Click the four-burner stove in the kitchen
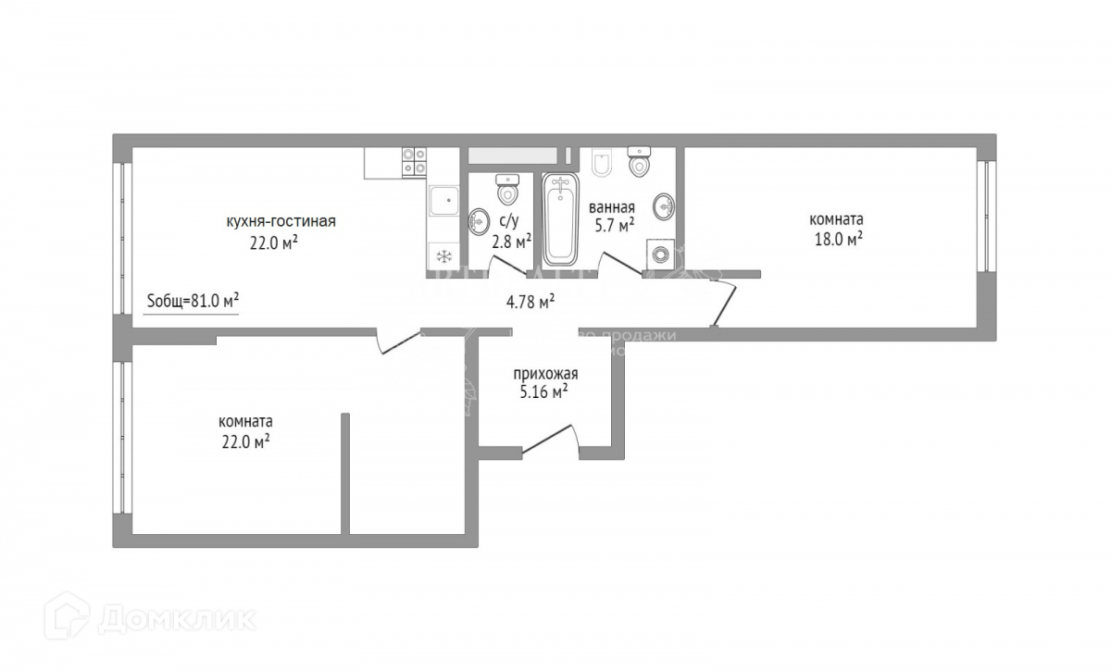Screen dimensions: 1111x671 (x=414, y=162)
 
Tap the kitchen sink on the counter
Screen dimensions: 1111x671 (x=443, y=199)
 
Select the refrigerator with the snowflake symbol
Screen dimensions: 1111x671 (x=443, y=255)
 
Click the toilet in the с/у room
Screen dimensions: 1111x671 (x=506, y=191)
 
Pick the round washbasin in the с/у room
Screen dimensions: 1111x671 (x=480, y=220)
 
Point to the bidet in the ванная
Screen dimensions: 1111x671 (x=601, y=165)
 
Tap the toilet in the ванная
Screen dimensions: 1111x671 (x=639, y=163)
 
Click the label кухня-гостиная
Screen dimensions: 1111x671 (x=281, y=221)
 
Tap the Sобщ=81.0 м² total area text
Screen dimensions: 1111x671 (x=193, y=300)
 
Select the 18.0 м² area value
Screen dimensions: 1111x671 (x=836, y=239)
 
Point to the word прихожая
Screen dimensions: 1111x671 (x=545, y=374)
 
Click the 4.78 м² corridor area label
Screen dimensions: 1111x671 (x=531, y=300)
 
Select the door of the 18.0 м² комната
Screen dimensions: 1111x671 (x=726, y=301)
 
